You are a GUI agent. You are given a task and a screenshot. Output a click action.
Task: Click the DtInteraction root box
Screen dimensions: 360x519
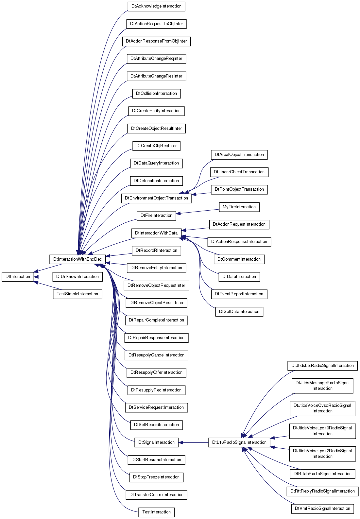click(x=18, y=277)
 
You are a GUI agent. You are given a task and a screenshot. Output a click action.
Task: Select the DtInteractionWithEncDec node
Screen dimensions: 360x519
click(x=77, y=259)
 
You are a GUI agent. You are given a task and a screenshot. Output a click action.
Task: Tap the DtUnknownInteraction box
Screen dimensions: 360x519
click(x=77, y=277)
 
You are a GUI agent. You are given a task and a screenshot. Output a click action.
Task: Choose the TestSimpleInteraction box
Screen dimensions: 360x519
click(x=77, y=294)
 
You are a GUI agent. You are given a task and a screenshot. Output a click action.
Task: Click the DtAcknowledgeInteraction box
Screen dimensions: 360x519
click(x=156, y=6)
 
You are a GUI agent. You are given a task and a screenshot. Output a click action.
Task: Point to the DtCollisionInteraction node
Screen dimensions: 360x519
click(x=156, y=94)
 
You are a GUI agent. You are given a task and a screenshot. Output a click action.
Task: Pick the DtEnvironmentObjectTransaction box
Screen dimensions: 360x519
click(x=156, y=198)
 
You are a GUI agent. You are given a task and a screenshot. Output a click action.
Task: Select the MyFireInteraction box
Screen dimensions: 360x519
click(x=239, y=207)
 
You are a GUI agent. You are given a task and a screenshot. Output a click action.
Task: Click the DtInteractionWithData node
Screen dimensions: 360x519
click(x=156, y=233)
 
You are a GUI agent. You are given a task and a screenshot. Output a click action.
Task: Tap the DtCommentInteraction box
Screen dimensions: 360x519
click(x=239, y=259)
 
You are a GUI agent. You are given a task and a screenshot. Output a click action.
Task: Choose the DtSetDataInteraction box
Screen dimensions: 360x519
click(x=239, y=312)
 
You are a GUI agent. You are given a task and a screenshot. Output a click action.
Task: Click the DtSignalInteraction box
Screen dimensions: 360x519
click(x=156, y=442)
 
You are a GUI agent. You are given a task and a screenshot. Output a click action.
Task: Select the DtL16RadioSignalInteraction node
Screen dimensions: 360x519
click(x=239, y=442)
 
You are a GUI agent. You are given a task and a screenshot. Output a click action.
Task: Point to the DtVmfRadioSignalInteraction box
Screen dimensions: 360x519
click(x=322, y=509)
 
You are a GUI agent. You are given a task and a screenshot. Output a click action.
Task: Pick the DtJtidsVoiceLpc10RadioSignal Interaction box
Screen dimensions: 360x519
click(x=322, y=431)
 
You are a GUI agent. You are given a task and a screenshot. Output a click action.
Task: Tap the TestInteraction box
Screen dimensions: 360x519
click(x=156, y=512)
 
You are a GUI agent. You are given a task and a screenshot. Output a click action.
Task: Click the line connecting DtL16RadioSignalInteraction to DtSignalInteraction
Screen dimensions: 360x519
click(x=194, y=442)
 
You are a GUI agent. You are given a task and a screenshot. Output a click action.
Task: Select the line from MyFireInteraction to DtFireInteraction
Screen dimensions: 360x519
click(x=197, y=212)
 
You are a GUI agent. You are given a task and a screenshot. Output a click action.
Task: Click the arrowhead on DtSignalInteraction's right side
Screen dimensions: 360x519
click(x=180, y=442)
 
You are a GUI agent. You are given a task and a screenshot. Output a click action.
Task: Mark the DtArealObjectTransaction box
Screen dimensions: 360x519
click(x=239, y=155)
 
